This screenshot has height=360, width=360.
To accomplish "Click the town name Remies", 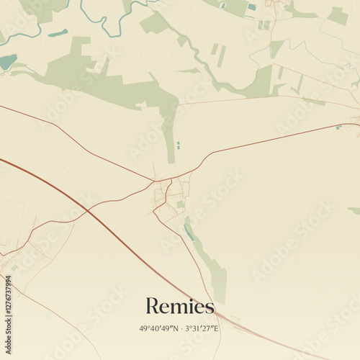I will click(180, 307).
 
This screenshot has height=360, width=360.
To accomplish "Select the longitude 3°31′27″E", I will click(202, 329).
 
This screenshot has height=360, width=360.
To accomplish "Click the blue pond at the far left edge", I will click(6, 62).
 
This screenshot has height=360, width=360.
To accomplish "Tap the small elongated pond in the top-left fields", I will click(58, 33).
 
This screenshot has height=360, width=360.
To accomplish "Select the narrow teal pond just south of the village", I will click(189, 232).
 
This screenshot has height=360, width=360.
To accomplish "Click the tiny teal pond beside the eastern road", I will click(338, 127).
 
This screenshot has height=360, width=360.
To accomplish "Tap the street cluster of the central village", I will click(169, 198).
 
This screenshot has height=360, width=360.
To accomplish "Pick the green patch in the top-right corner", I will click(337, 16).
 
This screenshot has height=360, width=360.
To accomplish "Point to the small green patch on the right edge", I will click(354, 210).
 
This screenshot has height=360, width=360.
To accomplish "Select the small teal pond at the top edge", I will click(251, 7).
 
